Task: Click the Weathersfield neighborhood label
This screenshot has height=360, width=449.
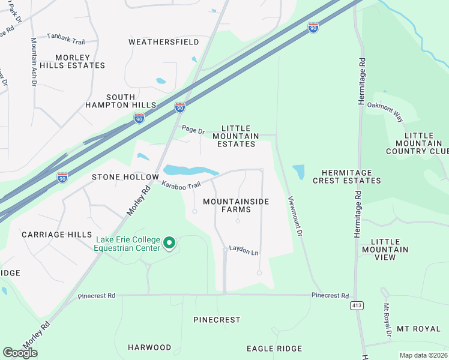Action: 155,42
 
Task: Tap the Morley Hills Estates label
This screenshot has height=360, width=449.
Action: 80,61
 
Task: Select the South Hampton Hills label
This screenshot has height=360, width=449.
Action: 131,101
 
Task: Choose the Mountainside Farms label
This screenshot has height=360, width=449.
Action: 236,205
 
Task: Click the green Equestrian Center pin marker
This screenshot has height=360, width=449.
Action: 169,243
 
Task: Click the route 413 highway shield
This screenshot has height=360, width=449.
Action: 357,306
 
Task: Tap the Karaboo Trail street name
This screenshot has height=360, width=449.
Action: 180,185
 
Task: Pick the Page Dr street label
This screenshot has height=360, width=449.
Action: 193,130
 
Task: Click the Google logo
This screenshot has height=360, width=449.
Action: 20,353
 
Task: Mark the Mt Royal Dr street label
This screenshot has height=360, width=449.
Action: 388,319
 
